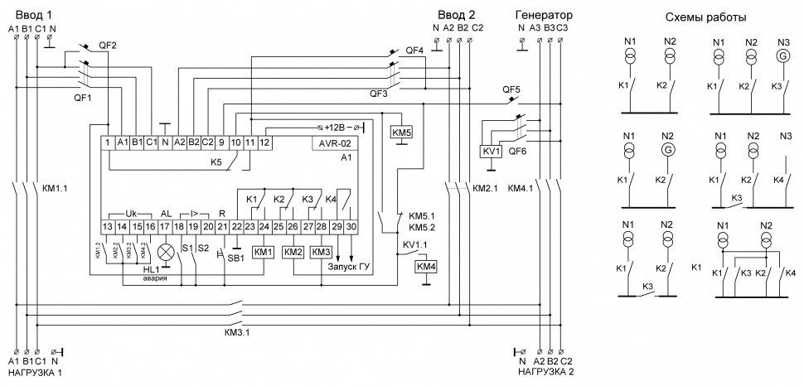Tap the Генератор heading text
click(543, 15)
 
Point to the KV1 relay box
click(490, 152)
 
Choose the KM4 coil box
click(424, 266)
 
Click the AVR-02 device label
click(332, 143)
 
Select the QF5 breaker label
click(511, 89)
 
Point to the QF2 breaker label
click(109, 45)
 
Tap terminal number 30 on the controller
click(351, 226)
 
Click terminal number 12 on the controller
click(264, 143)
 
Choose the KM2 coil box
click(293, 251)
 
